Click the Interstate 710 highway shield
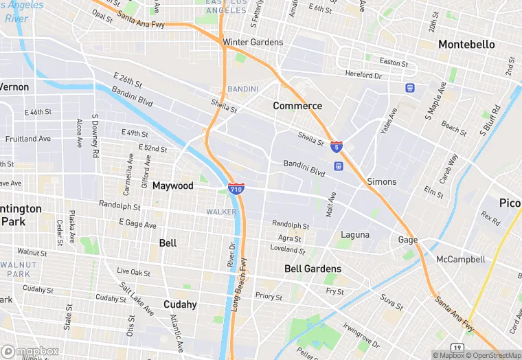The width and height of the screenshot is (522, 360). (236, 188)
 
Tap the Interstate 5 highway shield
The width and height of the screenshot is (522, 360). (336, 146)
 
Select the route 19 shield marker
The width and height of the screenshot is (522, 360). (458, 348)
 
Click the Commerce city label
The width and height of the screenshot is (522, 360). (297, 106)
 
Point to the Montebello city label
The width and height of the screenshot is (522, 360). (466, 44)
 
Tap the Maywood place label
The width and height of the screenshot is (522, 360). (172, 185)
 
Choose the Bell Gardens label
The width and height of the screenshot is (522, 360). (313, 269)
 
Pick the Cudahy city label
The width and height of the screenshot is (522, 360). (180, 304)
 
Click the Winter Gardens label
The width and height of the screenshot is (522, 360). (253, 42)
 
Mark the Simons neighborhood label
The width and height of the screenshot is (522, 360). (381, 181)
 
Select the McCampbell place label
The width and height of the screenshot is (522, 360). (460, 259)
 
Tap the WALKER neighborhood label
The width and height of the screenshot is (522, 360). (221, 212)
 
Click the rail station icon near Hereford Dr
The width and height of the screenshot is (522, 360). (410, 88)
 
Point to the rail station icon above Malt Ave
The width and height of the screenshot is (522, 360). (338, 166)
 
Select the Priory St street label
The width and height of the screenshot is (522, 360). (269, 297)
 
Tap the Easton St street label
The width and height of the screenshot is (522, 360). (394, 62)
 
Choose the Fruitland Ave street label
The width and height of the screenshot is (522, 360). (27, 138)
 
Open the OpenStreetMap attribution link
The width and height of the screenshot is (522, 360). (491, 355)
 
